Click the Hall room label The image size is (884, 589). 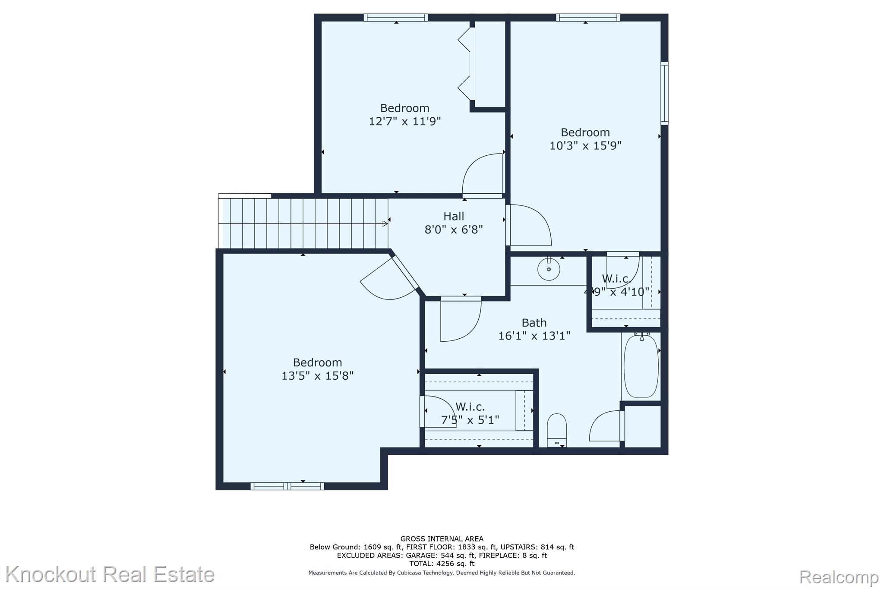click(x=454, y=216)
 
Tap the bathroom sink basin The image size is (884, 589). click(x=549, y=269)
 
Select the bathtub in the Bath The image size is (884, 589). click(x=641, y=366)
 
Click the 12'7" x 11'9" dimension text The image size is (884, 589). click(x=405, y=121)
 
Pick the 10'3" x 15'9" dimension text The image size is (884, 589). click(x=585, y=145)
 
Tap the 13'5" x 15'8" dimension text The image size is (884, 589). click(x=317, y=376)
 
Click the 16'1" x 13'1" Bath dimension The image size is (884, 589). click(x=534, y=336)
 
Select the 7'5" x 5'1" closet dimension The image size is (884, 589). click(x=470, y=420)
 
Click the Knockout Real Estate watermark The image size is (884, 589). click(x=110, y=574)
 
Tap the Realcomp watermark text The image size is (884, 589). click(x=839, y=576)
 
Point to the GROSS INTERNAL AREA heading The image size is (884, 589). click(x=442, y=539)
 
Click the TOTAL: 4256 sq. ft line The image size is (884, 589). click(x=442, y=564)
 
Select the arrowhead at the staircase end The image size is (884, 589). click(x=385, y=224)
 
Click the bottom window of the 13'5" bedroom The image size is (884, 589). click(x=287, y=486)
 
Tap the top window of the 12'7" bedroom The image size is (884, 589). click(x=396, y=17)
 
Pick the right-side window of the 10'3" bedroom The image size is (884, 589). click(x=665, y=93)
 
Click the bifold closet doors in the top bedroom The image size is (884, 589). click(x=467, y=64)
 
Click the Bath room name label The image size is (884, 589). click(x=534, y=323)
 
